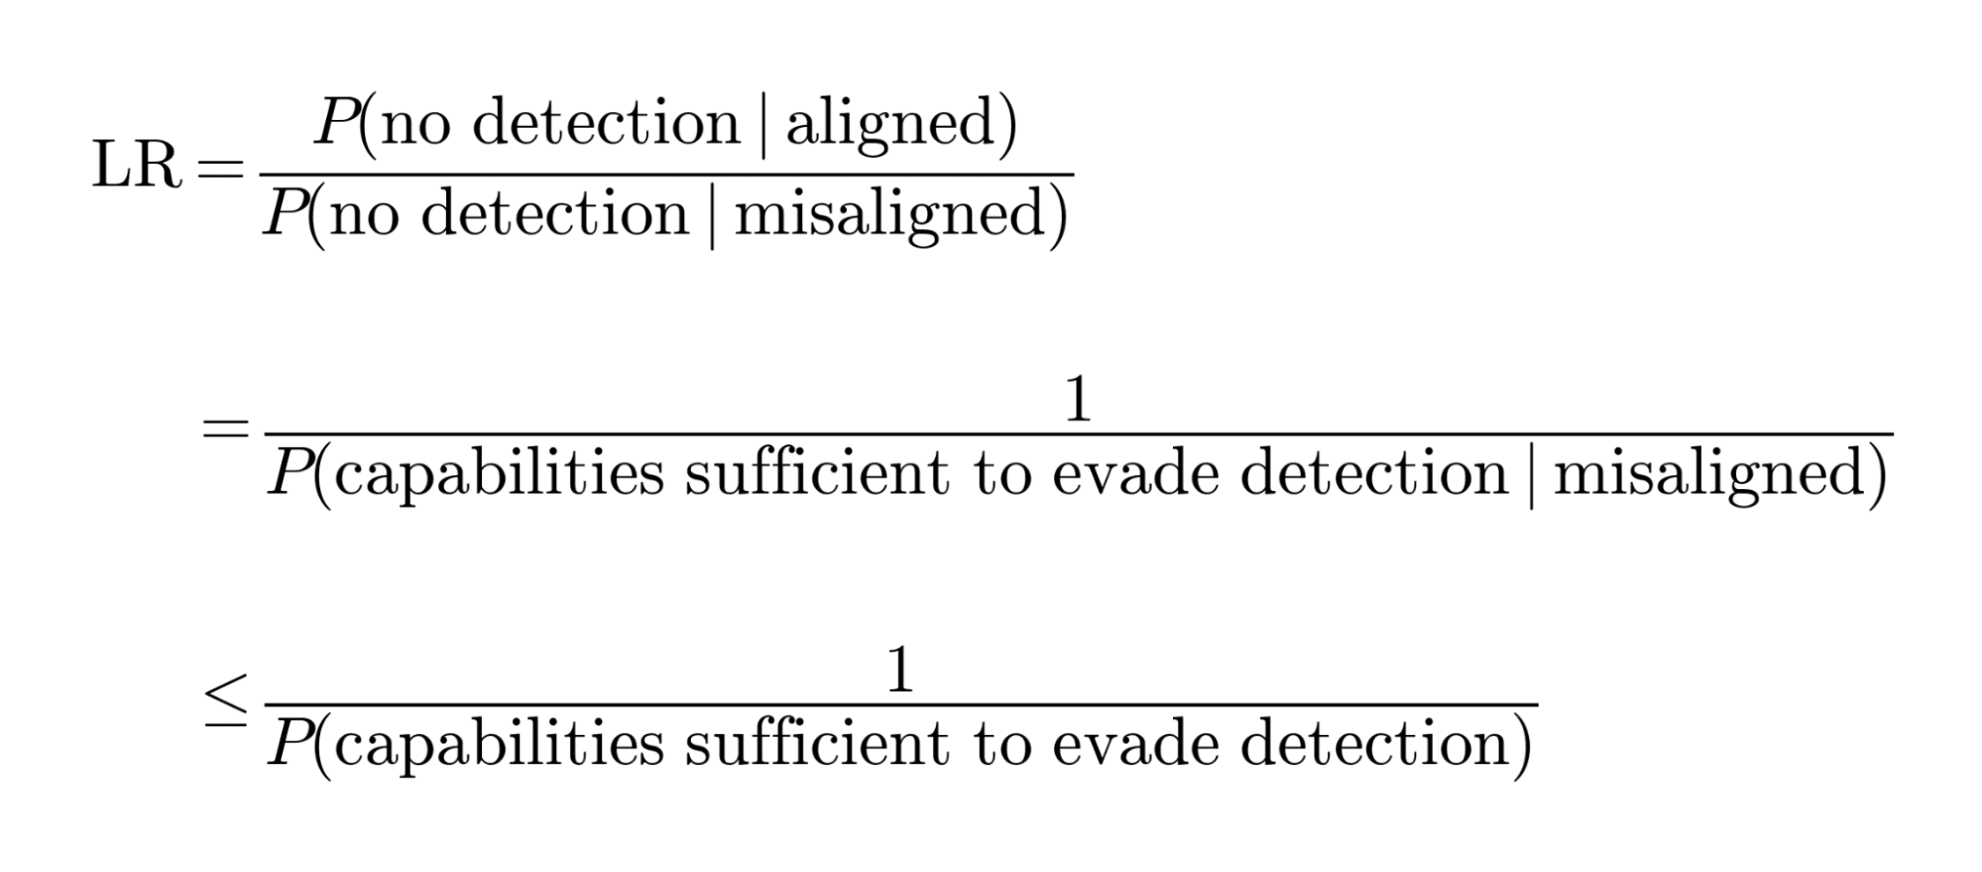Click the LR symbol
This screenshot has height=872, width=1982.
(137, 164)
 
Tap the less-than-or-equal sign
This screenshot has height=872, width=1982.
(225, 703)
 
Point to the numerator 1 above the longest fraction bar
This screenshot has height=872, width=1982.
(1077, 400)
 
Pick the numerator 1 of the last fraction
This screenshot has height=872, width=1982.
(899, 671)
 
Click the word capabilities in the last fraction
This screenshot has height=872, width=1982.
(499, 745)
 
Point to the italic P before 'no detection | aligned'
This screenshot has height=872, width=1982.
(335, 123)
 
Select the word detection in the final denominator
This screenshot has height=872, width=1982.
(1374, 743)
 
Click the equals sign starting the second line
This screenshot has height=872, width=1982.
(224, 430)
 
